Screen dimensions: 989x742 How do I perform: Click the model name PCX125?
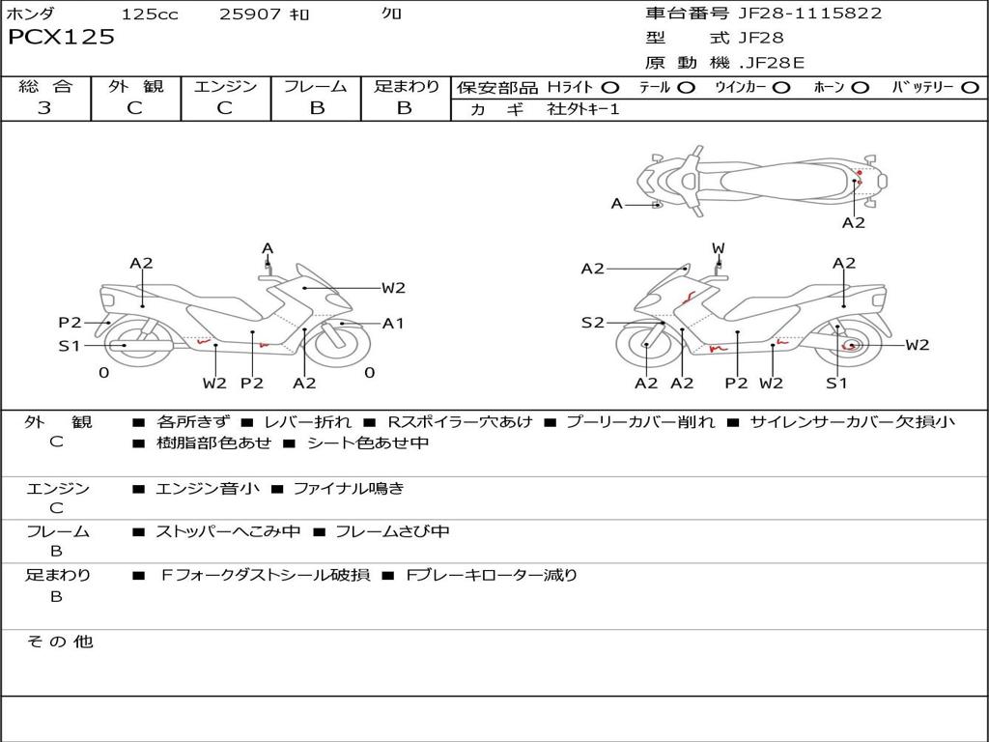[x=61, y=37]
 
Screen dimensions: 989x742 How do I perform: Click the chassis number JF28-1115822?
[x=810, y=13]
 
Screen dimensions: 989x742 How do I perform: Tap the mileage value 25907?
[x=250, y=14]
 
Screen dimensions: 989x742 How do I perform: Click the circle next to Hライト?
[x=609, y=88]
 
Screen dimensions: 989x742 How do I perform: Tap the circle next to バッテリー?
[x=970, y=88]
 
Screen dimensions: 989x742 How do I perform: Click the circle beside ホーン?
[x=860, y=88]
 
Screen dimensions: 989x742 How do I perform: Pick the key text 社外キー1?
[x=583, y=109]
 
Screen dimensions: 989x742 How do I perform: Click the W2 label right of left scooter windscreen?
[x=393, y=288]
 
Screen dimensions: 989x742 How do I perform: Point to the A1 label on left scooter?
[x=393, y=323]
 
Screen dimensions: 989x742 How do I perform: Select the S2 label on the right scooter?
[x=592, y=323]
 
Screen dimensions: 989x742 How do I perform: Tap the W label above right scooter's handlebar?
[x=718, y=248]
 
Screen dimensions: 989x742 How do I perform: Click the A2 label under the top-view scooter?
[x=854, y=223]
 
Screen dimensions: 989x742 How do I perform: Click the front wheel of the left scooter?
[x=341, y=345]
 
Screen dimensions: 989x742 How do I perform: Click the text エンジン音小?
[x=207, y=488]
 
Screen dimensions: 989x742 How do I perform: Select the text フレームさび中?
[x=392, y=531]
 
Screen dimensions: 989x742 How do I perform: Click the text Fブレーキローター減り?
[x=492, y=575]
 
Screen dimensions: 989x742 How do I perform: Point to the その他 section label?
[x=59, y=642]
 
